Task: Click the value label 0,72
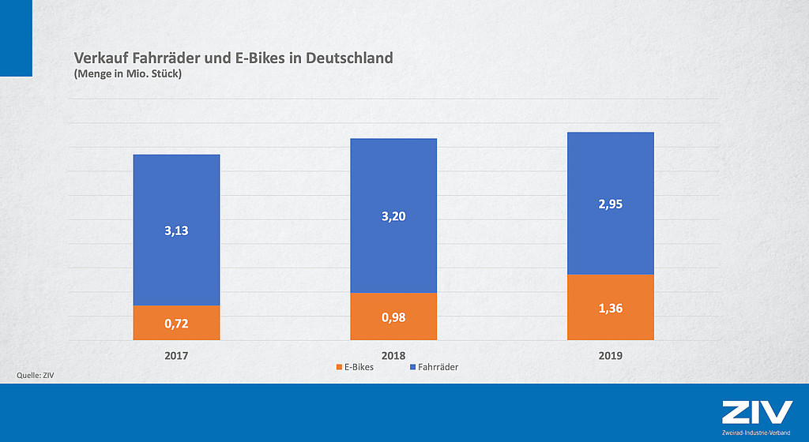coord(176,324)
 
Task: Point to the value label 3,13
coord(176,231)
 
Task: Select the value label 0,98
coord(393,317)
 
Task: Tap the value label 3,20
coord(393,216)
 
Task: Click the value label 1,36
coord(611,308)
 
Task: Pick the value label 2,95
coord(611,204)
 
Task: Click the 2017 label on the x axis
coord(176,356)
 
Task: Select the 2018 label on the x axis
coord(393,356)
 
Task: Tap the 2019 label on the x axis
coord(611,356)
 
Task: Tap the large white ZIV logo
coord(756,413)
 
